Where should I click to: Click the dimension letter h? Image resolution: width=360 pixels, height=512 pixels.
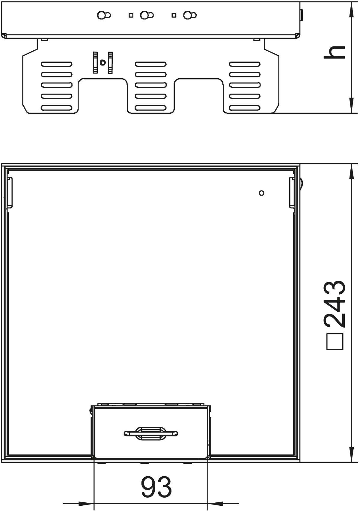[334, 52]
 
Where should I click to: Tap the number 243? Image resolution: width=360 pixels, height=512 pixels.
[334, 304]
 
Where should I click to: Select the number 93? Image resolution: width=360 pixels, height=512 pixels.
[156, 487]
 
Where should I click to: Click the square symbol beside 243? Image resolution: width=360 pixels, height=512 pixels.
[335, 342]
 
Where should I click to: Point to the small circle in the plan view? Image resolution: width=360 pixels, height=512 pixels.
[262, 193]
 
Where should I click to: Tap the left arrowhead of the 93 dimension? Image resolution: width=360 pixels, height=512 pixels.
[86, 503]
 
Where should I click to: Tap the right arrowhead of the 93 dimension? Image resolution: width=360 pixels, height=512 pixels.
[216, 503]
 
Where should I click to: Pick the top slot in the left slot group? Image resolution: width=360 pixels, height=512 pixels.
[57, 64]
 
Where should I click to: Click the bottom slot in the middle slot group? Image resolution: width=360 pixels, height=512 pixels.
[151, 108]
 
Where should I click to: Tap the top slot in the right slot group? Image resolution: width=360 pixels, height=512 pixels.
[245, 64]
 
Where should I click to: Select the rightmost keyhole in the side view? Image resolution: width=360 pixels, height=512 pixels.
[190, 15]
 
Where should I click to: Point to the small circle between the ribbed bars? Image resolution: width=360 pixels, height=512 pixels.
[103, 62]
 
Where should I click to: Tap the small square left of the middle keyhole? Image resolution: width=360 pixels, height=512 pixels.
[131, 15]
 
